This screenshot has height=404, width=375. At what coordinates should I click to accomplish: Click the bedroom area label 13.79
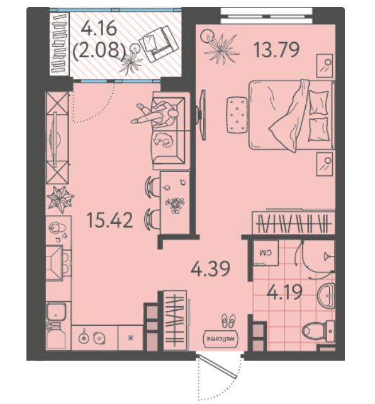tap(276, 50)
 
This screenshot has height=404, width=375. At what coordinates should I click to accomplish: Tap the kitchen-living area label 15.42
tap(110, 221)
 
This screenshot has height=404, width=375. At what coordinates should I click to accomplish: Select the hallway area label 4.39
tap(210, 268)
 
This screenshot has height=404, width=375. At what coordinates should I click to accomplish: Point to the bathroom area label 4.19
tap(284, 292)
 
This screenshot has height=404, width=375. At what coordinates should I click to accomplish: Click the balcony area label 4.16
tap(99, 28)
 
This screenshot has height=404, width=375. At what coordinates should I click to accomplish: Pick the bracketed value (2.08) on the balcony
tap(99, 50)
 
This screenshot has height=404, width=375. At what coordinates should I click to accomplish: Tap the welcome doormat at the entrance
tap(221, 338)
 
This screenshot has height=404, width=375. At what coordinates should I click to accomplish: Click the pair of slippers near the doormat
tap(228, 321)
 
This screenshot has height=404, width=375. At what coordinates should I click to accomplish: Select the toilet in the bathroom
tap(318, 331)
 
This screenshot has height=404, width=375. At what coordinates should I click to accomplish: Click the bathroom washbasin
tap(326, 295)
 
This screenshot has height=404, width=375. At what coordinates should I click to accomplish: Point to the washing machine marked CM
tap(266, 253)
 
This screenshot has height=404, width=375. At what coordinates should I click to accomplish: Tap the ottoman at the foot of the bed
tap(237, 115)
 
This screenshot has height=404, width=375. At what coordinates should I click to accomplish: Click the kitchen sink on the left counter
tap(56, 312)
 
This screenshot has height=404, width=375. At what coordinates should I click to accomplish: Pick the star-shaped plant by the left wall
tap(60, 199)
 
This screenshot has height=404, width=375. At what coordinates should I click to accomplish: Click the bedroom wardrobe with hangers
tap(293, 222)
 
